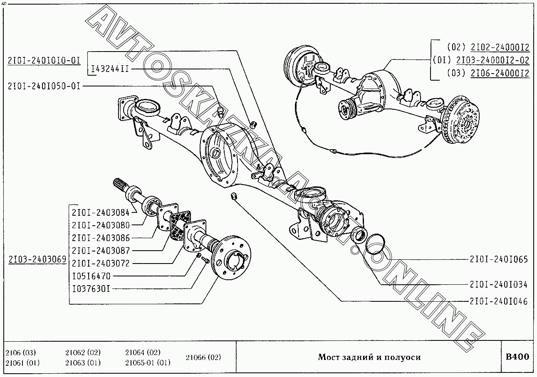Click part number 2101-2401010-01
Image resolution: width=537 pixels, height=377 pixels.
pyautogui.click(x=44, y=60)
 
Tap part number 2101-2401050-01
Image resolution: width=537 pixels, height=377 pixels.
pyautogui.click(x=44, y=86)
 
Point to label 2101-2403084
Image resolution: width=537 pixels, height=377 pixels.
pyautogui.click(x=101, y=212)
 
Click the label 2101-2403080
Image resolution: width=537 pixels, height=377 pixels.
pyautogui.click(x=101, y=225)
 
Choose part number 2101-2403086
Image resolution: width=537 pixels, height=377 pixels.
pyautogui.click(x=101, y=238)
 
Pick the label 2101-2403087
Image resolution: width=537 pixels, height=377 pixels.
pyautogui.click(x=101, y=251)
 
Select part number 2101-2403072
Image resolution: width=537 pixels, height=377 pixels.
pyautogui.click(x=101, y=264)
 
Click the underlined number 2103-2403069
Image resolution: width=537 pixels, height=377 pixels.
pyautogui.click(x=37, y=259)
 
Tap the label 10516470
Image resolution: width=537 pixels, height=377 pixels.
pyautogui.click(x=91, y=276)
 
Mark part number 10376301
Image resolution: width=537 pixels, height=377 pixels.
pyautogui.click(x=91, y=288)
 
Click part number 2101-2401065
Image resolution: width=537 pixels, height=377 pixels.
pyautogui.click(x=499, y=260)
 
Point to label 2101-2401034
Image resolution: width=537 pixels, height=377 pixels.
pyautogui.click(x=499, y=285)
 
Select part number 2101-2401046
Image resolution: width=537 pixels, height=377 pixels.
pyautogui.click(x=499, y=302)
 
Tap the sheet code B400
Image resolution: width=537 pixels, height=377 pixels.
pyautogui.click(x=517, y=357)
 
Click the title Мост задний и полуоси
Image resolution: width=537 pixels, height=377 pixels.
pyautogui.click(x=369, y=357)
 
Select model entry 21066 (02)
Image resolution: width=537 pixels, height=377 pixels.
pyautogui.click(x=203, y=357)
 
